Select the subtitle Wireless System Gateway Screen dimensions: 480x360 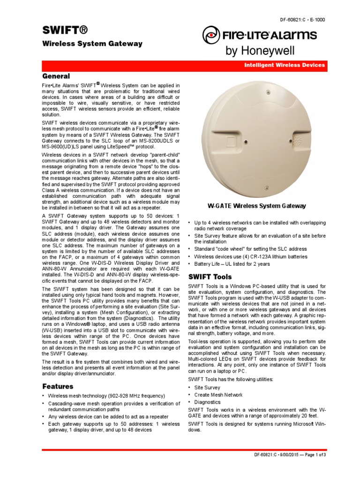pos(92,44)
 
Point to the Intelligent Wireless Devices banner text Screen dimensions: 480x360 pos(284,65)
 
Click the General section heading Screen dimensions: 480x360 pos(56,76)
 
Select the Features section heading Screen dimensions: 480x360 pos(58,386)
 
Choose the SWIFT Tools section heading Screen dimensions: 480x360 pos(211,277)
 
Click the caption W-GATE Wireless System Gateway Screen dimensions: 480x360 pos(257,206)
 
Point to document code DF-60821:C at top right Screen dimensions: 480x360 pos(302,20)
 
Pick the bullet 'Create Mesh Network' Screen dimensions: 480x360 pos(218,395)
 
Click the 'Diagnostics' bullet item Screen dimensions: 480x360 pos(207,402)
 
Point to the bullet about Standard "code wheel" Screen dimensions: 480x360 pos(250,249)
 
